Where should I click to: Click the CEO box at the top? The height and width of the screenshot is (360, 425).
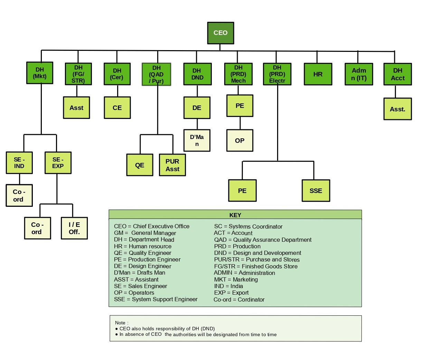click(x=220, y=33)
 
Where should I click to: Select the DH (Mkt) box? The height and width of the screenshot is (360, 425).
click(x=40, y=73)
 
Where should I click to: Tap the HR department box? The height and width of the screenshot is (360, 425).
click(x=318, y=74)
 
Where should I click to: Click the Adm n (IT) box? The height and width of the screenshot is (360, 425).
click(x=359, y=74)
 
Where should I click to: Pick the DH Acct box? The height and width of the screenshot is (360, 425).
click(x=397, y=74)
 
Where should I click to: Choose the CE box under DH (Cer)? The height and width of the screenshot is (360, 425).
click(x=117, y=108)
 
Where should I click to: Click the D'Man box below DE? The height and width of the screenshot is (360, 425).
click(x=197, y=140)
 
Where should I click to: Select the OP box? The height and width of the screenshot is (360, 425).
click(x=240, y=141)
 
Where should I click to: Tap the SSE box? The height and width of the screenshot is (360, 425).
click(x=316, y=191)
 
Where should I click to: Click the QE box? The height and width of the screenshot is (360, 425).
click(x=140, y=165)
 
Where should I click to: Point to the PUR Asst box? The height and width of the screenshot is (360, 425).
click(x=172, y=165)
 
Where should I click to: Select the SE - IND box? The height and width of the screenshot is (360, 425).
click(x=19, y=163)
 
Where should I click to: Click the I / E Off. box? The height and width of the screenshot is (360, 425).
click(x=74, y=228)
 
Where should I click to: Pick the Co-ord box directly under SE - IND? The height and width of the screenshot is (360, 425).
click(x=19, y=195)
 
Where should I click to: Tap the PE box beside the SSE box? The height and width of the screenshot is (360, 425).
click(x=242, y=191)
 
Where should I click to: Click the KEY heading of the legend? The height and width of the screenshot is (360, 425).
click(x=235, y=215)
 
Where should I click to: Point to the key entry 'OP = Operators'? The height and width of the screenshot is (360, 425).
click(x=134, y=293)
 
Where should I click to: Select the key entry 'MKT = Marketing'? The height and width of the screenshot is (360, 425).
click(x=236, y=279)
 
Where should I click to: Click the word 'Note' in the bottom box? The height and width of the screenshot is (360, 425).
click(x=121, y=323)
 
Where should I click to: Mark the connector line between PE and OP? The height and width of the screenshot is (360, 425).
click(x=240, y=123)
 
